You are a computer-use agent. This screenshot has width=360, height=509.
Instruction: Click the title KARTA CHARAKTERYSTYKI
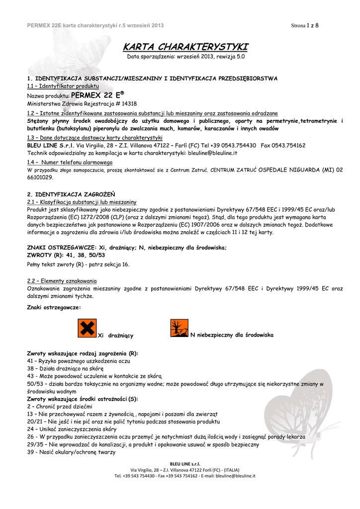(185, 47)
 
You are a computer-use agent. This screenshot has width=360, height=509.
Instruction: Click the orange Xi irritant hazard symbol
(87, 329)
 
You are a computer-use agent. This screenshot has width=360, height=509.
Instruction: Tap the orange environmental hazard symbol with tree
(180, 329)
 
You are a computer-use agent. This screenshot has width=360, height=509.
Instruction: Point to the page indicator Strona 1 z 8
(305, 25)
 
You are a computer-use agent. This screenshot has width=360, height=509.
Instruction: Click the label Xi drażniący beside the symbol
(117, 336)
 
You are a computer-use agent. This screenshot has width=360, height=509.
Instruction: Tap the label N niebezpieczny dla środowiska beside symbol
(232, 335)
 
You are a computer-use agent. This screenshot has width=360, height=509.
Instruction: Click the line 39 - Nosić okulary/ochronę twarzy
(71, 452)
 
